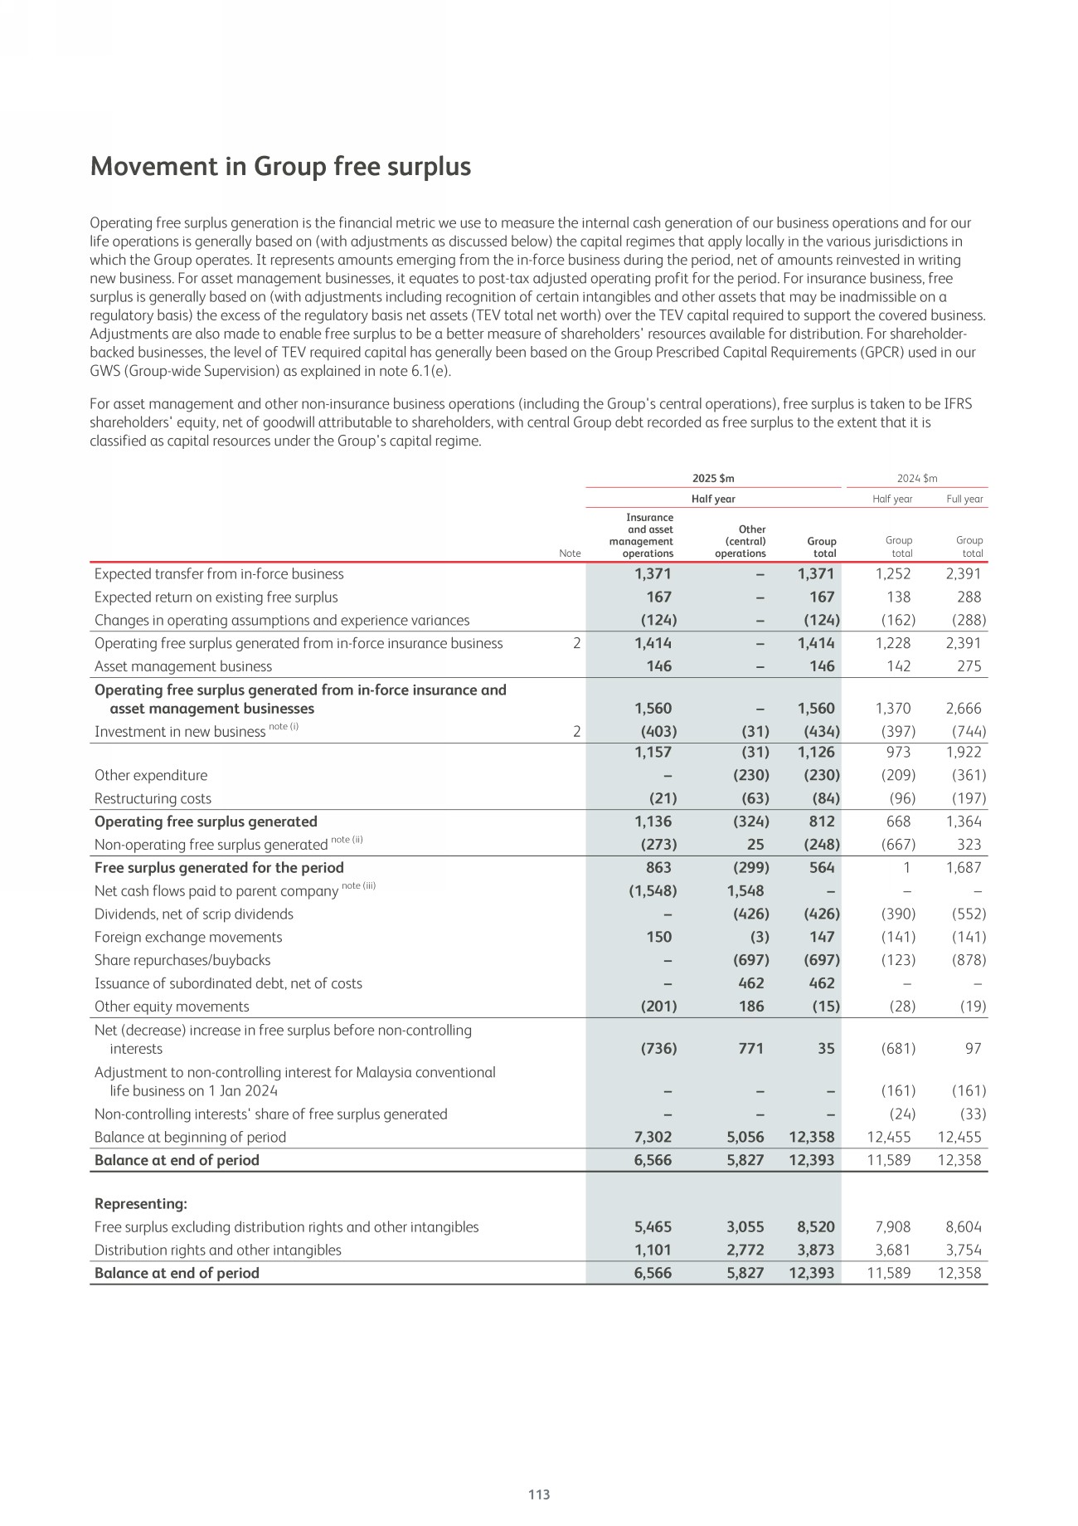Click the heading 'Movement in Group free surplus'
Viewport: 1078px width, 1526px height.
(x=280, y=167)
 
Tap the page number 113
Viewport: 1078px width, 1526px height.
(x=539, y=1494)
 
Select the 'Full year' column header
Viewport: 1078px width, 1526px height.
(x=964, y=500)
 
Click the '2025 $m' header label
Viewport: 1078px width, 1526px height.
(x=713, y=479)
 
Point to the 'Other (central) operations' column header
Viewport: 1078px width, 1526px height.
(x=740, y=541)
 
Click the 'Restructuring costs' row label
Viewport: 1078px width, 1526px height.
(x=153, y=799)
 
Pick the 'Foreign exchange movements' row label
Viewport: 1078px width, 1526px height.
(x=188, y=938)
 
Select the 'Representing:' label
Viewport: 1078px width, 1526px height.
(x=141, y=1204)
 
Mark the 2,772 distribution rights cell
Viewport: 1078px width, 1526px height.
(x=745, y=1251)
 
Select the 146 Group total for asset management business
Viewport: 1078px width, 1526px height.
(x=822, y=666)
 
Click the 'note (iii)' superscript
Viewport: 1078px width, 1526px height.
(x=359, y=885)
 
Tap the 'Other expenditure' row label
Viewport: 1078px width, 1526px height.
(x=151, y=776)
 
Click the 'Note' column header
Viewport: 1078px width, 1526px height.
(x=570, y=553)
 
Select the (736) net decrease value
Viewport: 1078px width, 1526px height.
(x=658, y=1049)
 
